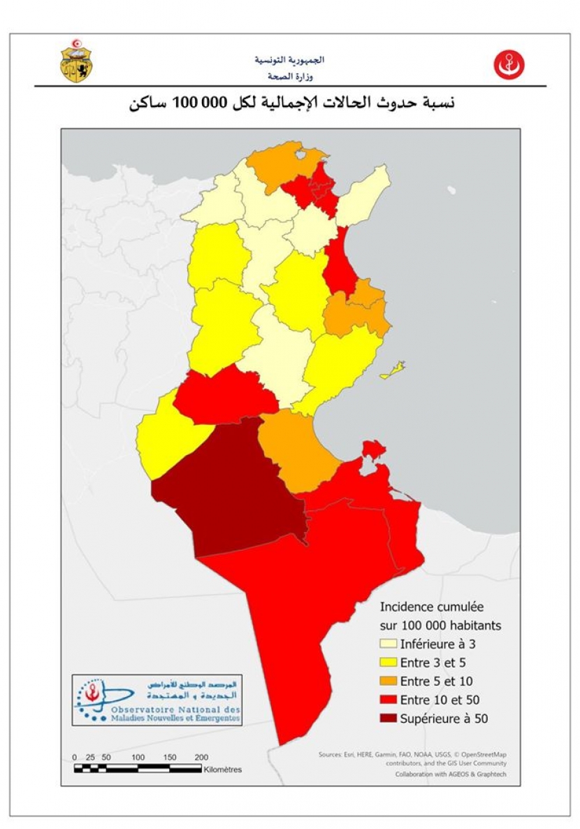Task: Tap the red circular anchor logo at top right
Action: coord(509,65)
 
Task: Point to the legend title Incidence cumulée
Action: coord(431,607)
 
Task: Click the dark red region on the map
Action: coord(231,496)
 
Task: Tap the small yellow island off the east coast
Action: coord(394,370)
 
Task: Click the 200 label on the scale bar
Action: coord(201,757)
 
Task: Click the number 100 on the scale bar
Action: coord(138,757)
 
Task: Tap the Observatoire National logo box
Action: coord(157,700)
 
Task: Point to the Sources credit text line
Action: coord(412,754)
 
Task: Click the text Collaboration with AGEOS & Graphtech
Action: coord(451,774)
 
